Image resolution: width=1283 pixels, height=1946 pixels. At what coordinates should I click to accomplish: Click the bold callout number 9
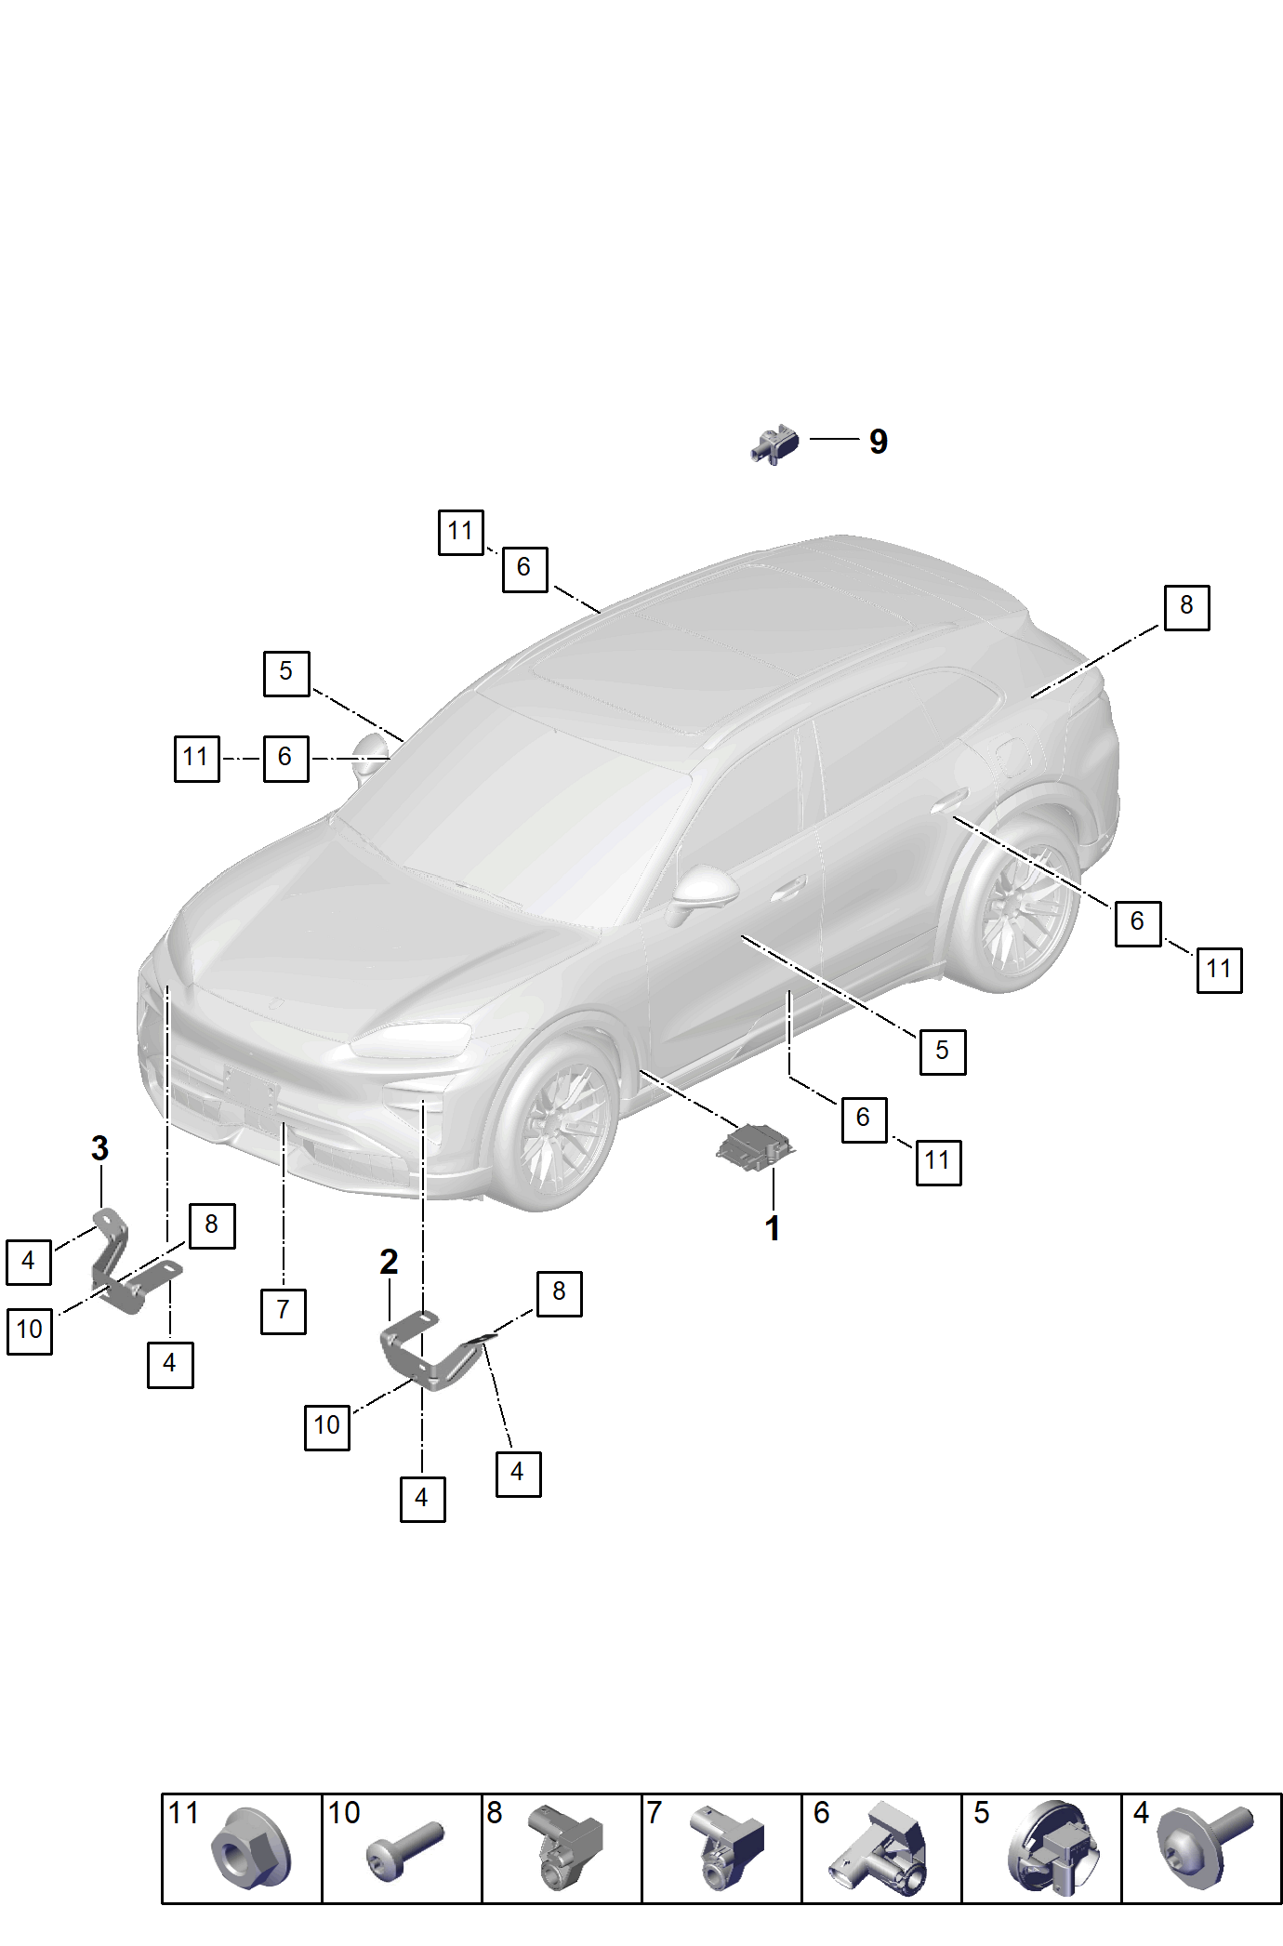879,442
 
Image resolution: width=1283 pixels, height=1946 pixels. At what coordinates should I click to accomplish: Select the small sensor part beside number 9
774,444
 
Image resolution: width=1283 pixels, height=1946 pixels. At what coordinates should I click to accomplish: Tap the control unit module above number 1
754,1146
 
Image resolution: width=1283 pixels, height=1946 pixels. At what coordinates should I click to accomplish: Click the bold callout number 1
773,1228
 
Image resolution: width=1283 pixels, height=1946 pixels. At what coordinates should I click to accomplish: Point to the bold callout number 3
100,1148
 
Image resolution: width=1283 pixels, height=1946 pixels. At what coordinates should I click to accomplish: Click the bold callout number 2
389,1262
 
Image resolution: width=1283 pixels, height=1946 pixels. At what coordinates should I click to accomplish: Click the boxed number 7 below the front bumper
284,1311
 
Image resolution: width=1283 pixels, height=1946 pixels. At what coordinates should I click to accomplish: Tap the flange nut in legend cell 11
250,1848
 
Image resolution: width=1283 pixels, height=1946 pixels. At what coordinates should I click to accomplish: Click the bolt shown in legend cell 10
404,1850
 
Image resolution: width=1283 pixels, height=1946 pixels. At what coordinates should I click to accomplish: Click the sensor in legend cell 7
727,1848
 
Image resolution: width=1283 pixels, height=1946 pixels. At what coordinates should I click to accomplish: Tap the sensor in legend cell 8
565,1848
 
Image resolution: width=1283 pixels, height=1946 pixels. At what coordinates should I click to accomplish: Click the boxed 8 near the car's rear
1187,608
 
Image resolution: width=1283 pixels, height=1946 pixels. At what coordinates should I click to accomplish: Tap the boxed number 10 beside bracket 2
327,1427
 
